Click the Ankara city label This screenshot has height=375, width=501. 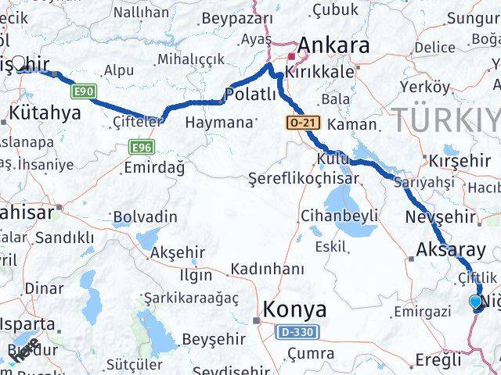[x=333, y=45]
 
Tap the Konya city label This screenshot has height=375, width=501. [x=294, y=309]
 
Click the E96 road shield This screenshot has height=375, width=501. [x=141, y=147]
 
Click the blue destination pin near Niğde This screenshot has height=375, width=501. [x=476, y=302]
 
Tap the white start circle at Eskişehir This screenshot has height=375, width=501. [x=19, y=62]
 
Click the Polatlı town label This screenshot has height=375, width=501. [x=250, y=95]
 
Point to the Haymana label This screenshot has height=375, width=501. [x=220, y=123]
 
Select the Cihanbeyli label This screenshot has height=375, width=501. [x=340, y=215]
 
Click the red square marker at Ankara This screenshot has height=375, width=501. [x=290, y=57]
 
